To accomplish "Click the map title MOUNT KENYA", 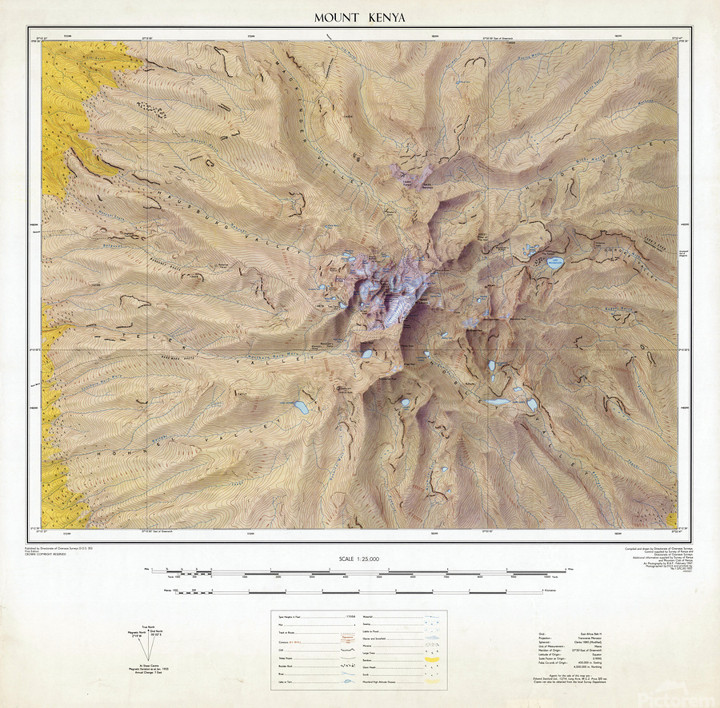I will point(359,17).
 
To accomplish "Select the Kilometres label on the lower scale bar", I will point(556,592).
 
